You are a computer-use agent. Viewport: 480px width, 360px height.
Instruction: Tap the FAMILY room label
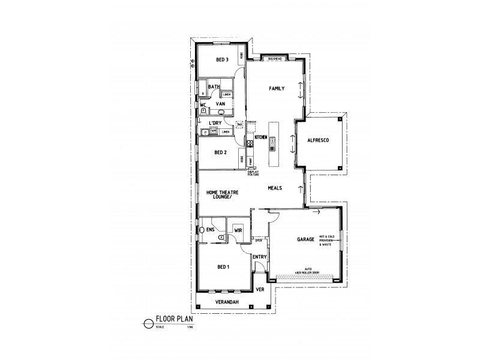click(x=277, y=89)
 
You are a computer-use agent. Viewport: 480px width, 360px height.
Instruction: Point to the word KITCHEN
click(x=260, y=138)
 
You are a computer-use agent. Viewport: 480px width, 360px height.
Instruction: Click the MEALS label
click(x=275, y=188)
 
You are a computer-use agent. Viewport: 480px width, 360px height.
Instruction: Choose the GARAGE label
click(x=306, y=239)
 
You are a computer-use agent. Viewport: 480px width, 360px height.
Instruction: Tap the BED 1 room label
click(x=223, y=266)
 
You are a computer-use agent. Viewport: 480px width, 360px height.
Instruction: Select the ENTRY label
click(x=259, y=257)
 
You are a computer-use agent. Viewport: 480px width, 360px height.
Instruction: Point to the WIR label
click(x=238, y=229)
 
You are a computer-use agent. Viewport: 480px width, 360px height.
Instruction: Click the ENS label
click(x=210, y=229)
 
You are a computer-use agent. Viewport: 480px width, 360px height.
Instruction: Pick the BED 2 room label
click(x=220, y=152)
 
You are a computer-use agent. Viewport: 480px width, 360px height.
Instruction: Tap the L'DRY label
click(x=215, y=123)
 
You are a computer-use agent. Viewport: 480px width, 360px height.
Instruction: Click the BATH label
click(x=214, y=88)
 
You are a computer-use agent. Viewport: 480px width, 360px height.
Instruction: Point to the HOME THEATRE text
click(x=223, y=193)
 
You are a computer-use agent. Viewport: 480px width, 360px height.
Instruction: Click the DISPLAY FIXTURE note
click(x=254, y=173)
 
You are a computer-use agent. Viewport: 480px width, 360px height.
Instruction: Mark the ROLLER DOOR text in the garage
click(x=312, y=274)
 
